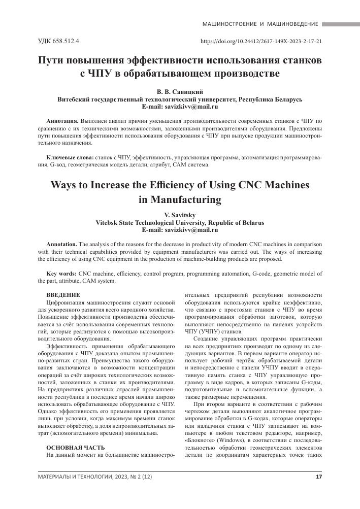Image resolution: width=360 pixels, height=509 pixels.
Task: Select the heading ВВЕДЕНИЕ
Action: coord(63,295)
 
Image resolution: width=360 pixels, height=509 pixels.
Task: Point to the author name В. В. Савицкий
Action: coord(179,91)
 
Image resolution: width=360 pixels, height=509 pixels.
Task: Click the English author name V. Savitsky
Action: coord(180,215)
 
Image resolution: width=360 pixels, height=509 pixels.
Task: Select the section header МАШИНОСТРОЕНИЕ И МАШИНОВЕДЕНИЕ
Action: coord(260,24)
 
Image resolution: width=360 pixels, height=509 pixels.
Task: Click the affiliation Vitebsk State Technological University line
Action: coord(180,223)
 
